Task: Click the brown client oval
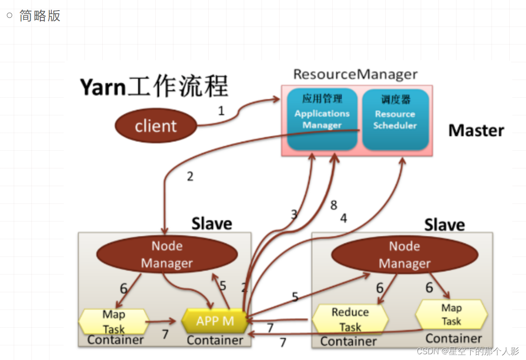(156, 126)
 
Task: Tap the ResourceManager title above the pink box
(355, 74)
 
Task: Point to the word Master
(476, 130)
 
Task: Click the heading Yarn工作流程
(154, 87)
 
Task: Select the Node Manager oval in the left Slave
(167, 255)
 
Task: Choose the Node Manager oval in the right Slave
(404, 255)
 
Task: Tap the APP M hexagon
(215, 321)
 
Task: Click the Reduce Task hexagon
(350, 319)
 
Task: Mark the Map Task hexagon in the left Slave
(114, 322)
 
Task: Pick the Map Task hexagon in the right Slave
(451, 314)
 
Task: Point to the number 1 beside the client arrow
(221, 111)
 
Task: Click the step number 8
(334, 205)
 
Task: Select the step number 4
(343, 218)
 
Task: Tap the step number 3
(294, 215)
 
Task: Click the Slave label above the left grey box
(211, 223)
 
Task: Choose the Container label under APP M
(215, 340)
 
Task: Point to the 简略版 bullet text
(40, 15)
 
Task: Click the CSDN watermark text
(468, 351)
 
